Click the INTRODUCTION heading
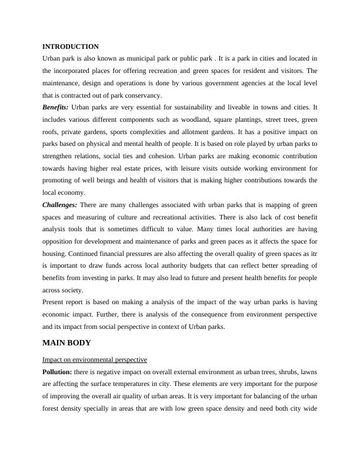(x=71, y=46)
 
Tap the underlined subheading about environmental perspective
(x=95, y=359)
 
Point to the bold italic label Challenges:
(x=59, y=205)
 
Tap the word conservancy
(x=144, y=95)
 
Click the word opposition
(x=62, y=242)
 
